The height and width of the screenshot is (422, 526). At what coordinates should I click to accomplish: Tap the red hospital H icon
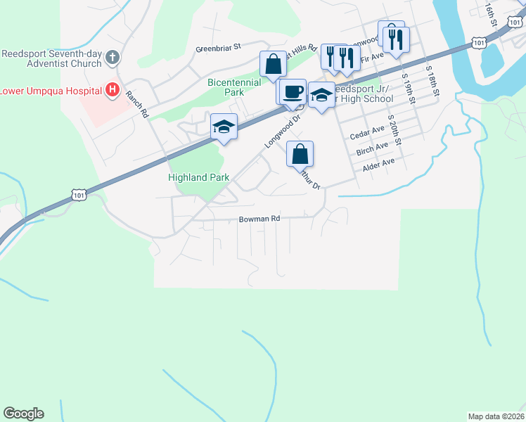coord(111,90)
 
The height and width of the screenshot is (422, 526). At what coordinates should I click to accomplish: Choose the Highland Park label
coord(199,178)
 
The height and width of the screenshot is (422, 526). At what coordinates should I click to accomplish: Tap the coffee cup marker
coord(294,91)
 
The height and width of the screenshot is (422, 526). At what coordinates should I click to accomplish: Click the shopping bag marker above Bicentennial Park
coord(272,65)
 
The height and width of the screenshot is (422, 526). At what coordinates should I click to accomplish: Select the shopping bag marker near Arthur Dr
coord(300,154)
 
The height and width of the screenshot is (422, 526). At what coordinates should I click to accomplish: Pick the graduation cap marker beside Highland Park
coord(224,127)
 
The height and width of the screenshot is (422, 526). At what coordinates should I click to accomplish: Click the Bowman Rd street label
coord(259,219)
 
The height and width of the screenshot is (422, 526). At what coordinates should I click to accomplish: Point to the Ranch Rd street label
coord(136,104)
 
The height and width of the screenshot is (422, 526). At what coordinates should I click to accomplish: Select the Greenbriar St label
coord(218,47)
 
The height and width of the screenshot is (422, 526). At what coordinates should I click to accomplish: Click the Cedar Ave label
coord(368,131)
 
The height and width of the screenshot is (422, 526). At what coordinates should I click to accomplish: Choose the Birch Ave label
coord(372,149)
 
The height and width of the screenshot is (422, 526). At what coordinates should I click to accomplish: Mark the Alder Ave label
coord(378,165)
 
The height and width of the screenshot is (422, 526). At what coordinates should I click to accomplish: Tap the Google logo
coord(23,413)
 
